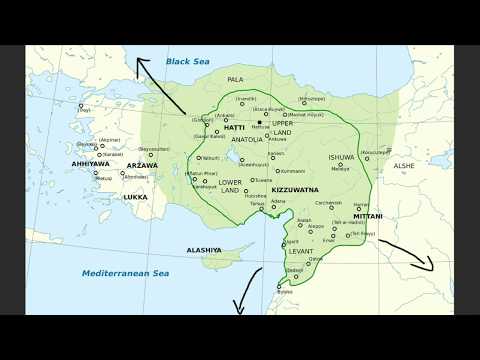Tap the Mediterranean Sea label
point(126,272)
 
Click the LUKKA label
point(134,197)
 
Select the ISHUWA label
point(342,158)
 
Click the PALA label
point(236,79)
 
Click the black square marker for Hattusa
point(260,122)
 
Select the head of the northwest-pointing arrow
point(141,63)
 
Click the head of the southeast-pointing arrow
point(430,267)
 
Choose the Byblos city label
point(286,292)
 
